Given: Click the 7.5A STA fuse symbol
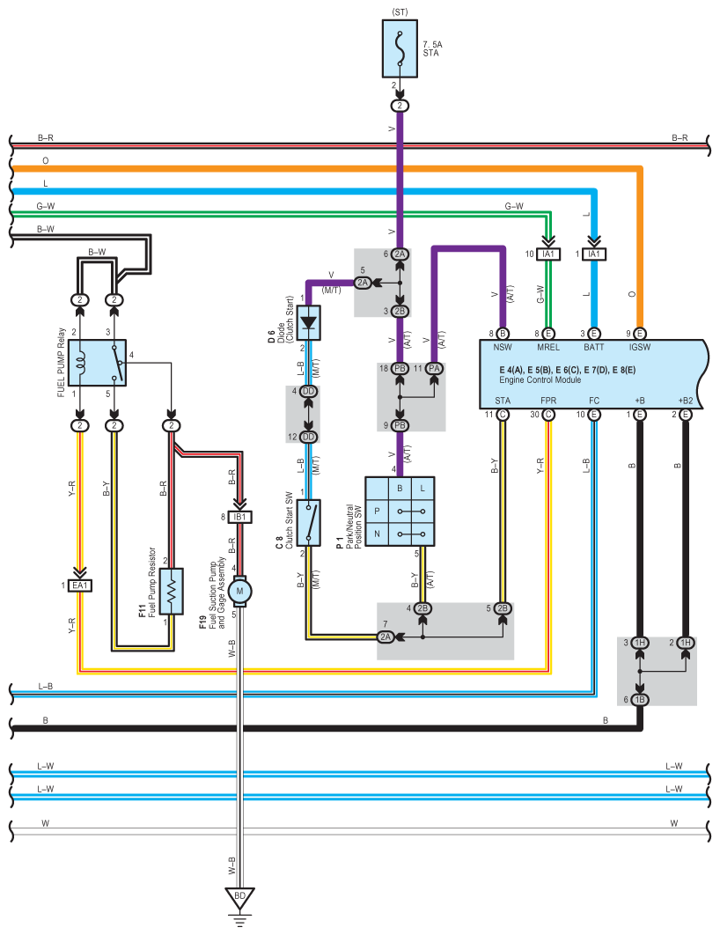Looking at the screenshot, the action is (x=400, y=49).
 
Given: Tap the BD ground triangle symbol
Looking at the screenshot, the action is (x=239, y=897).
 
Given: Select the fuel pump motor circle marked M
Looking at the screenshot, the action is (x=239, y=591).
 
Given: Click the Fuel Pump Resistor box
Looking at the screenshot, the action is (x=172, y=591).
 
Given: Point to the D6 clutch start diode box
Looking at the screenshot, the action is (x=308, y=322).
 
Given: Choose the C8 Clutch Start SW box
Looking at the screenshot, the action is (x=308, y=522).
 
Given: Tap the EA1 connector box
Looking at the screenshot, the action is (x=80, y=585).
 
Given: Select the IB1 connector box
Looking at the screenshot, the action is (x=239, y=517).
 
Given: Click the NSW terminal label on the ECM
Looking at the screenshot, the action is (x=503, y=347).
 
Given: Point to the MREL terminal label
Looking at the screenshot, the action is (x=548, y=347).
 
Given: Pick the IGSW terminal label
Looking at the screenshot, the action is (x=640, y=347).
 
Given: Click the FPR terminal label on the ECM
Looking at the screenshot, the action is (x=548, y=401).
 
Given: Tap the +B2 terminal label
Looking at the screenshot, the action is (x=686, y=401).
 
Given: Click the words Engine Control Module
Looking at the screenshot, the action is (x=540, y=379).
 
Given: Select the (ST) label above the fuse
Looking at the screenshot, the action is (x=400, y=12).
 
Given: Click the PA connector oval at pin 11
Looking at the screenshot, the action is (x=434, y=369).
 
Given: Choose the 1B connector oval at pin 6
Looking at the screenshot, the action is (x=640, y=699).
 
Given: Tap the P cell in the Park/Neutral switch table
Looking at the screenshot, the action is (x=377, y=511).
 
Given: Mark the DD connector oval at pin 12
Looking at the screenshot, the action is (x=308, y=437).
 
